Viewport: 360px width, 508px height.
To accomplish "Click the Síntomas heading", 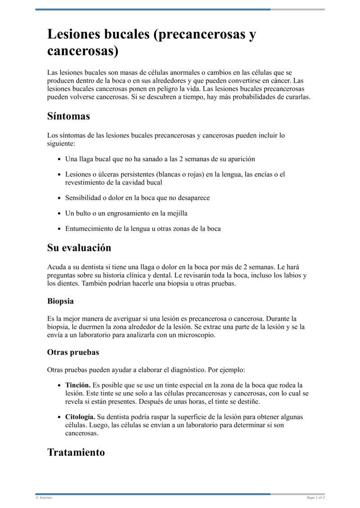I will (x=68, y=116).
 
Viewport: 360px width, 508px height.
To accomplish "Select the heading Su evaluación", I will (x=79, y=248).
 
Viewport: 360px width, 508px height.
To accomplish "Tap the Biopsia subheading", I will (x=60, y=301).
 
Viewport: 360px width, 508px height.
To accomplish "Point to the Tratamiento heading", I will (x=76, y=452).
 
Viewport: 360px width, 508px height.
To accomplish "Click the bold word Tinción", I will (x=78, y=385).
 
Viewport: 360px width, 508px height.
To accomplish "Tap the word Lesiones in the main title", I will (x=75, y=35).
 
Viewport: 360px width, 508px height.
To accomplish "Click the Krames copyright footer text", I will (x=44, y=498).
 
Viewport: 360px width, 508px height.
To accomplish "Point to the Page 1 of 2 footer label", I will (x=315, y=498).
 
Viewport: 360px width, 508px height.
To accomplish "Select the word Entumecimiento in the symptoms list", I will (x=89, y=228).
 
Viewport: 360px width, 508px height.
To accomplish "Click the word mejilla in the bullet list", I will (x=177, y=213).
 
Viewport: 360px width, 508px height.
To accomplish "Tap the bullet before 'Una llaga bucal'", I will (x=59, y=159).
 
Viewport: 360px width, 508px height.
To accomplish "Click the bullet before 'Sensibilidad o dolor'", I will (x=59, y=198).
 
